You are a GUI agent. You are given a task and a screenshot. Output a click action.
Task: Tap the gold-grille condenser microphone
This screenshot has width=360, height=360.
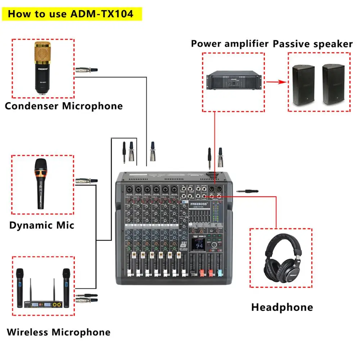coord(43,68)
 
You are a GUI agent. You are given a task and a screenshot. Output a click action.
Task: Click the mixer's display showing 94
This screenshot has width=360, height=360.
coord(199,245)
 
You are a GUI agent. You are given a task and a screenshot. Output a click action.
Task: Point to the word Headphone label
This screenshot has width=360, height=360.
coord(282,307)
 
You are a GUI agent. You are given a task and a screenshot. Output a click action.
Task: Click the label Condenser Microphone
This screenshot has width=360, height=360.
coord(64,106)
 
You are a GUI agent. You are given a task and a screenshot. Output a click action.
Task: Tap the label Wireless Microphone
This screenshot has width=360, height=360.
coord(59,332)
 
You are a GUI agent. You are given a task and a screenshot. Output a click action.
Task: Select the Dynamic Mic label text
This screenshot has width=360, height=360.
coord(42,225)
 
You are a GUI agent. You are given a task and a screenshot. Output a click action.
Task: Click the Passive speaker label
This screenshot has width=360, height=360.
coord(312,44)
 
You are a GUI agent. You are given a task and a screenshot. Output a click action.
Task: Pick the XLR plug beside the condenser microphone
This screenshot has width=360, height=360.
coord(86,69)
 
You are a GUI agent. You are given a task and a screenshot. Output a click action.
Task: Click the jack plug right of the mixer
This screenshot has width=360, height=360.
coord(248,192)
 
